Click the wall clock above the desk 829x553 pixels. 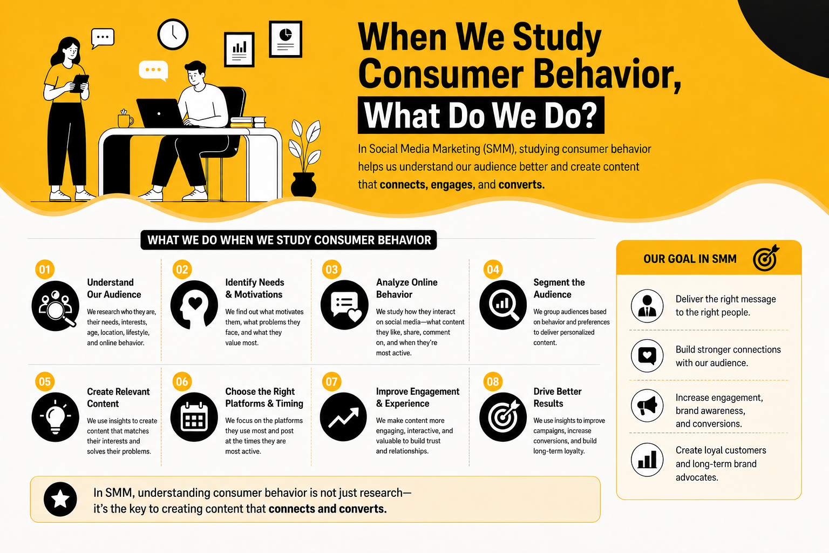point(173,34)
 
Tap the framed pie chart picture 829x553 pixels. point(286,39)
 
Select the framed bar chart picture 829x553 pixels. point(239,50)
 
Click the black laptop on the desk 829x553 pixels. point(160,113)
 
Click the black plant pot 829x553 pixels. point(303,184)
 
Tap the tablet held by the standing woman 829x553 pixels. point(80,83)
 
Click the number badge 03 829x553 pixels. point(331,269)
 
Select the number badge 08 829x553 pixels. point(493,381)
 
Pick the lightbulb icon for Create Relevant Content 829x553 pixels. point(56,417)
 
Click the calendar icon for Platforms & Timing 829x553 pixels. point(194,417)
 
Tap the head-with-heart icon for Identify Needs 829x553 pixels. point(194,305)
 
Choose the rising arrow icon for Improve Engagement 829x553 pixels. point(343,417)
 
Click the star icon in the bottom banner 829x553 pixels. point(60,500)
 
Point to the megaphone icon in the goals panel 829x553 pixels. point(647,406)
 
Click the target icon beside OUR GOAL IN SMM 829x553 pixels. point(766,258)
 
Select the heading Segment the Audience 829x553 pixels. point(559,288)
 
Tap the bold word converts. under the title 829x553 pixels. point(521,185)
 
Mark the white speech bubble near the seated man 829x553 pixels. point(153,70)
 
